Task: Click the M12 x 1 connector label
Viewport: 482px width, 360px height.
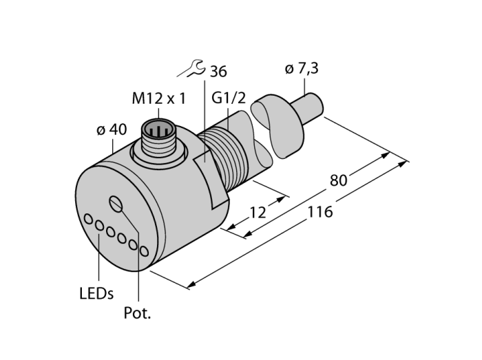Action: tap(159, 99)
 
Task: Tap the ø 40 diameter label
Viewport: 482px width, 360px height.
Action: tap(112, 129)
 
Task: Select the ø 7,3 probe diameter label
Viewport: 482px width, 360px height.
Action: tap(302, 69)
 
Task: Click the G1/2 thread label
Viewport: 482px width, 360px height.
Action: tap(229, 98)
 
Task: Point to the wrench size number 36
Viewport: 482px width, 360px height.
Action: tap(218, 72)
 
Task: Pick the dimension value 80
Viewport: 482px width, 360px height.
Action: tap(338, 180)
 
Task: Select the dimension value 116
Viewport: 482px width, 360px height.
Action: tap(320, 212)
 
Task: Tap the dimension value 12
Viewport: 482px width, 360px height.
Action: tap(258, 213)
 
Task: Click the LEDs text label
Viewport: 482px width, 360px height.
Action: tap(96, 293)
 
